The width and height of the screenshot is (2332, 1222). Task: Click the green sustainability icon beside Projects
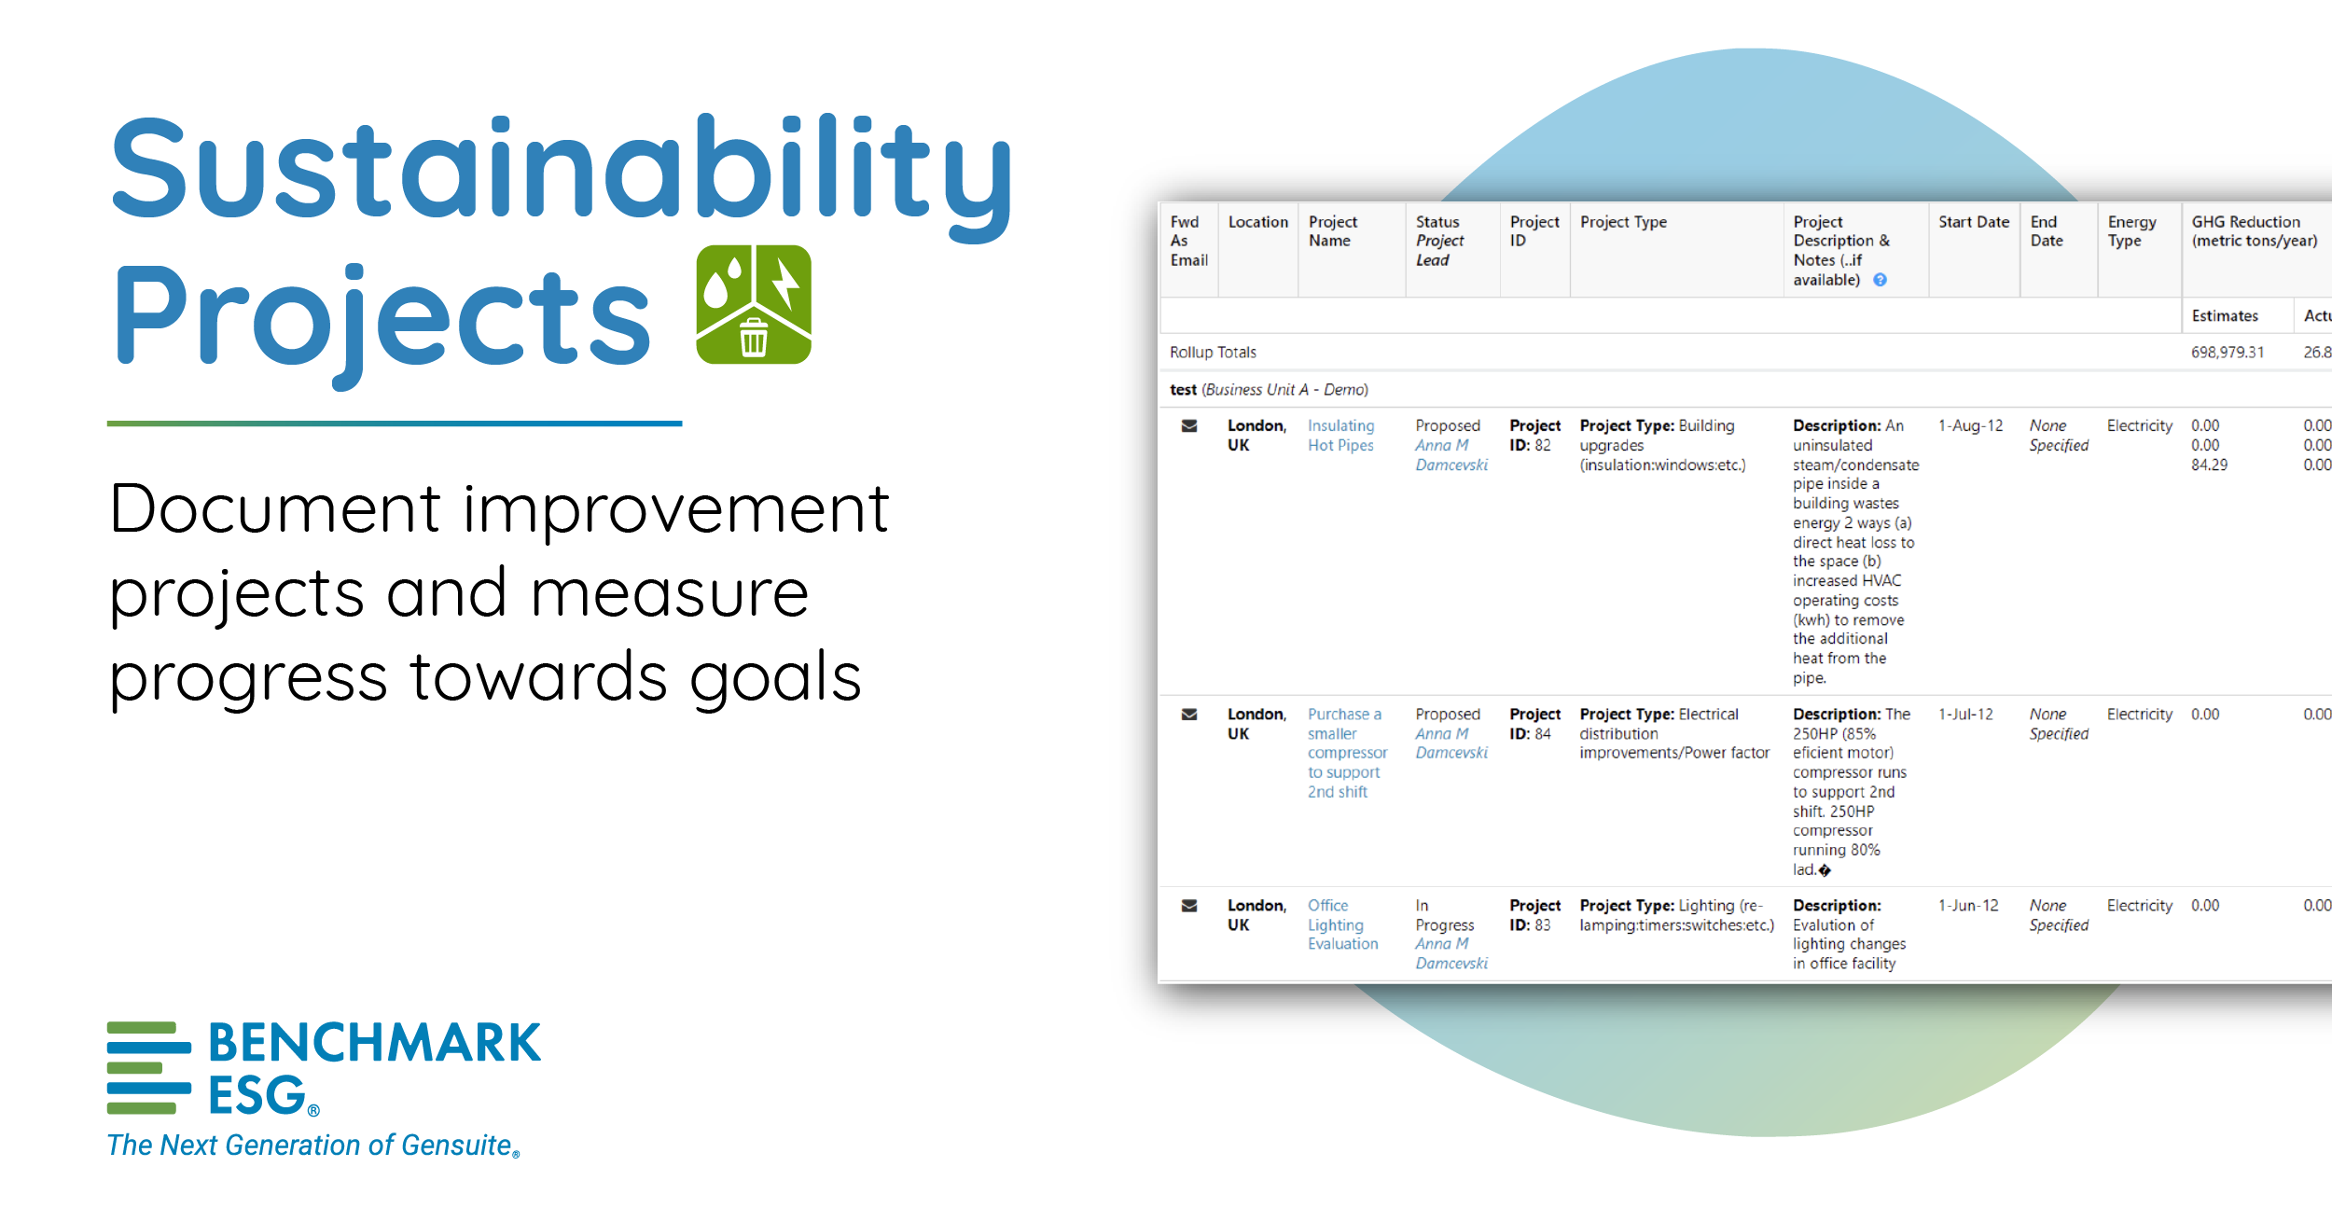(x=754, y=304)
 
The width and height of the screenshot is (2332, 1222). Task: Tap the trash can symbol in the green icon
(x=754, y=337)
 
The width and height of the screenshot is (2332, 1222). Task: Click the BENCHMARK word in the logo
(x=374, y=1043)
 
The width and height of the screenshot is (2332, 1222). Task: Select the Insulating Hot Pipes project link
(x=1340, y=436)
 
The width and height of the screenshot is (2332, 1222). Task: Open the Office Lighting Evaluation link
(x=1342, y=924)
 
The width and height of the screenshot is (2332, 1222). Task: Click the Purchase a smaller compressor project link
(x=1346, y=753)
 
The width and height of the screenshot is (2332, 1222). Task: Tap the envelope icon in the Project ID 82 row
(x=1189, y=426)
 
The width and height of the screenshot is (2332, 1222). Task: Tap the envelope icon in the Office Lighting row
(x=1189, y=906)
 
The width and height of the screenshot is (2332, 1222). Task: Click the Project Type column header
(x=1623, y=222)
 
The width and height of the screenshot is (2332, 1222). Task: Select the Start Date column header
(x=1973, y=222)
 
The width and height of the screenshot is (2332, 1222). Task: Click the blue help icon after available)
(x=1881, y=280)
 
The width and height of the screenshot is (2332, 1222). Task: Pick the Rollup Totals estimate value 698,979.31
(x=2227, y=353)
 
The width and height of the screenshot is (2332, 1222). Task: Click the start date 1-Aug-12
(x=1970, y=426)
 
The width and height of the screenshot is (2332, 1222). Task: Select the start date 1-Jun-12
(x=1968, y=906)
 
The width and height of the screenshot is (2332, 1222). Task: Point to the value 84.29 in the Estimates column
(x=2209, y=465)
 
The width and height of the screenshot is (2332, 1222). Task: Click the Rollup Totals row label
(x=1213, y=353)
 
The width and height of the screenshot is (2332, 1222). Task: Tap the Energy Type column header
(x=2131, y=231)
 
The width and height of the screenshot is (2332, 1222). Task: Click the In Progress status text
(x=1443, y=915)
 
